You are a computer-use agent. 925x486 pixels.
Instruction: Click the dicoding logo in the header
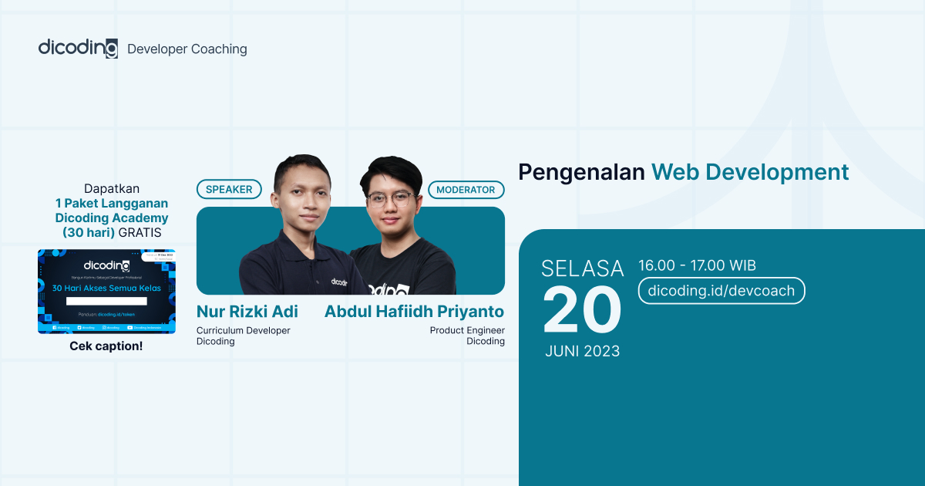tap(78, 48)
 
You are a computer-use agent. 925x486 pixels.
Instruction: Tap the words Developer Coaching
tap(187, 49)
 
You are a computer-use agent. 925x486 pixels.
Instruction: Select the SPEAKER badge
tap(229, 189)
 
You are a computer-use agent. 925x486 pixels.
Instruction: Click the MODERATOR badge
tap(466, 189)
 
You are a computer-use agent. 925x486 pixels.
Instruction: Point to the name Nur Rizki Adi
tap(247, 312)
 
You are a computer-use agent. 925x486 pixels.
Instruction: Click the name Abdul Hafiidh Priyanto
tap(414, 312)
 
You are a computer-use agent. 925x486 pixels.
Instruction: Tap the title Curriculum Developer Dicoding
tap(243, 336)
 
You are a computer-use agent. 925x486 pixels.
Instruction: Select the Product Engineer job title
tap(467, 330)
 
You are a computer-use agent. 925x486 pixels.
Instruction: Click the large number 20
tap(582, 310)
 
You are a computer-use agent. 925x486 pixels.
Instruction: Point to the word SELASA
tap(582, 268)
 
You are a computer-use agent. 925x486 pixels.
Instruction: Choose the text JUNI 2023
tap(582, 351)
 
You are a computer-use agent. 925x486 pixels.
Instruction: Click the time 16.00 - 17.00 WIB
tap(697, 265)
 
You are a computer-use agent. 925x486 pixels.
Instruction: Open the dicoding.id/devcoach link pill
tap(721, 291)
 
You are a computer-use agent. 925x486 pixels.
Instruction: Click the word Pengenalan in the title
tap(581, 172)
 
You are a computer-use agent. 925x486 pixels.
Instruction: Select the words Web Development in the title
tap(750, 172)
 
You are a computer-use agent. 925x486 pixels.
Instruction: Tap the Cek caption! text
tap(106, 346)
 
